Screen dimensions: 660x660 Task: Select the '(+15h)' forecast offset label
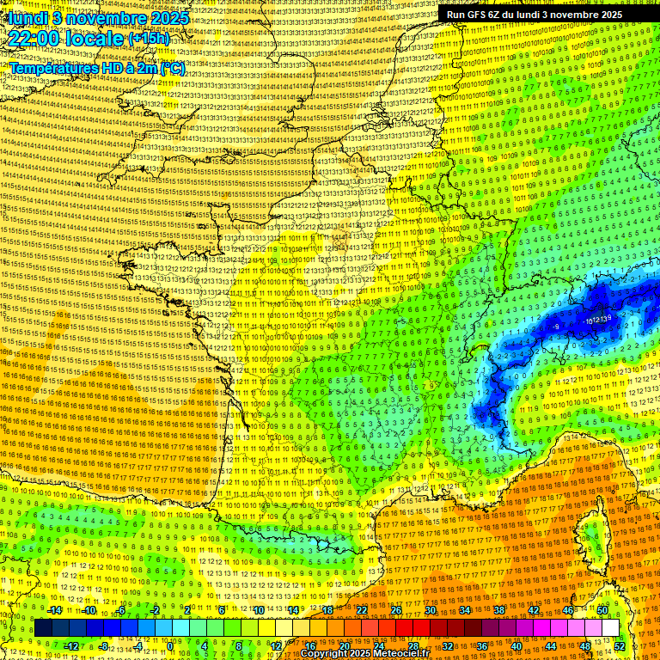click(149, 39)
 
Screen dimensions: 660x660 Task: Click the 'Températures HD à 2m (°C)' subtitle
click(96, 68)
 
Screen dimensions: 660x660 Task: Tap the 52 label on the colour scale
click(620, 645)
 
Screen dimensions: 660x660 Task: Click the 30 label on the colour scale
click(430, 610)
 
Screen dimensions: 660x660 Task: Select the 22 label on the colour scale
click(362, 610)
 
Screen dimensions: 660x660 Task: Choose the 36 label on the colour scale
click(482, 645)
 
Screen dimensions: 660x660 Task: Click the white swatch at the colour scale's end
click(610, 628)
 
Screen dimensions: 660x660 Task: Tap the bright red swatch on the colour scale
click(404, 628)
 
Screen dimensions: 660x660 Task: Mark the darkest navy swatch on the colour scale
click(43, 628)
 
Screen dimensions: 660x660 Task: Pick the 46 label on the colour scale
click(567, 610)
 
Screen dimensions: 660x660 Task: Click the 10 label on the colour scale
click(258, 610)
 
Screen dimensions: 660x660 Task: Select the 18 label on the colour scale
click(327, 610)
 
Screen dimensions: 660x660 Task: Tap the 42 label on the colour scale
click(533, 610)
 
